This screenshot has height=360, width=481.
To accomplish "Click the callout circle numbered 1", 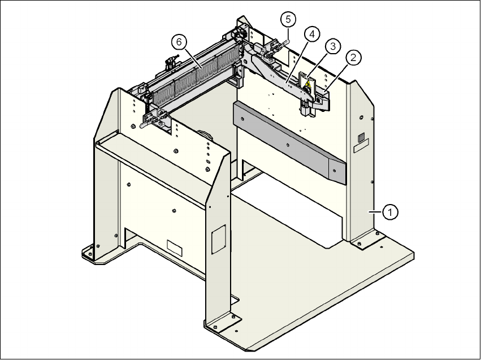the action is [x=389, y=212].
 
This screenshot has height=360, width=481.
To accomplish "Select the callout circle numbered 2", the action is [x=353, y=57].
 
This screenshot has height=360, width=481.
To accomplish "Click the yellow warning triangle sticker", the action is [x=307, y=85].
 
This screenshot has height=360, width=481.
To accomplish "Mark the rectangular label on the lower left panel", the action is [x=175, y=247].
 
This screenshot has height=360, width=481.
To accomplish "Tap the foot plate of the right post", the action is [x=366, y=242].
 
